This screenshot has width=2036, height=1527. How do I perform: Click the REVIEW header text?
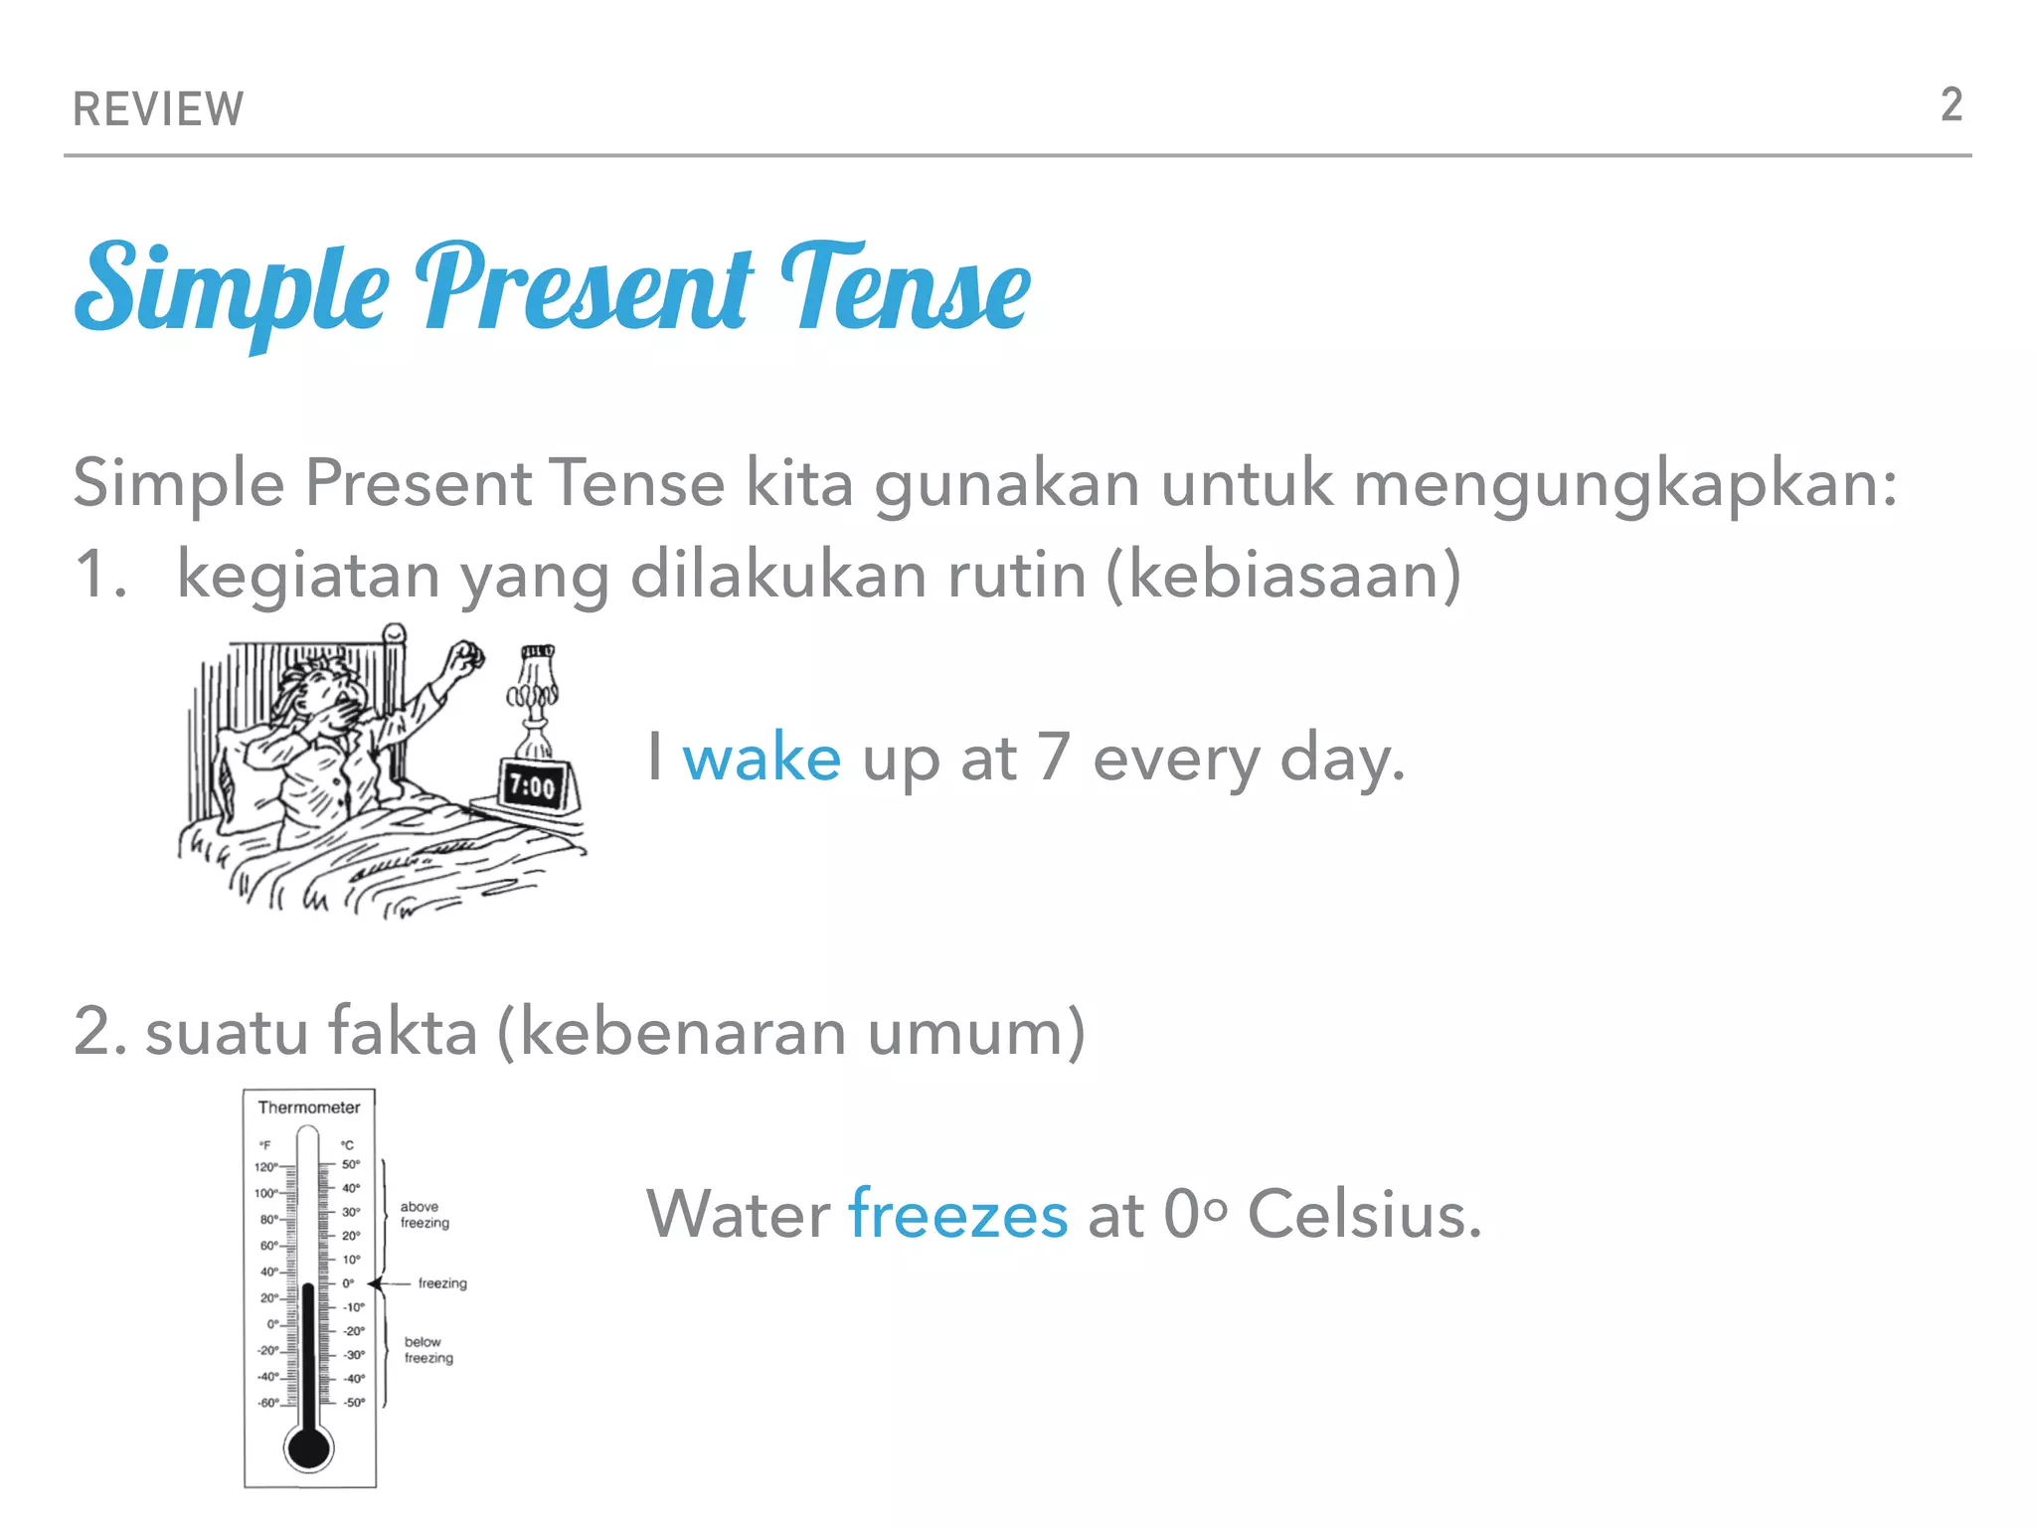point(158,109)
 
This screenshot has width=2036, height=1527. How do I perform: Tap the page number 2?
point(1951,105)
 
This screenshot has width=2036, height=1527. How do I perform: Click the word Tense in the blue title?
point(906,288)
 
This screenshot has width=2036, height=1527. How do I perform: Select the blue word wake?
point(762,758)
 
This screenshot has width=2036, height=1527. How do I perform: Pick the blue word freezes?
point(957,1215)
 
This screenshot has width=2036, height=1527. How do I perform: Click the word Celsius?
point(1364,1215)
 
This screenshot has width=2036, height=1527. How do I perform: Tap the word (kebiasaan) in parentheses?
point(1283,576)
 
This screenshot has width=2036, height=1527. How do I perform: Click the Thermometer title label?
point(309,1107)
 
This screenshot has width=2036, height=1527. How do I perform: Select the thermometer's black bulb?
point(309,1447)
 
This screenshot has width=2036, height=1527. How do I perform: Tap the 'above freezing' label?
point(424,1215)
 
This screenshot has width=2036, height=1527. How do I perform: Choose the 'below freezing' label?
point(428,1350)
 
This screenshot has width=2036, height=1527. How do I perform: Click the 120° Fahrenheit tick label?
point(265,1167)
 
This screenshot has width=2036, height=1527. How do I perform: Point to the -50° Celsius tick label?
point(354,1403)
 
